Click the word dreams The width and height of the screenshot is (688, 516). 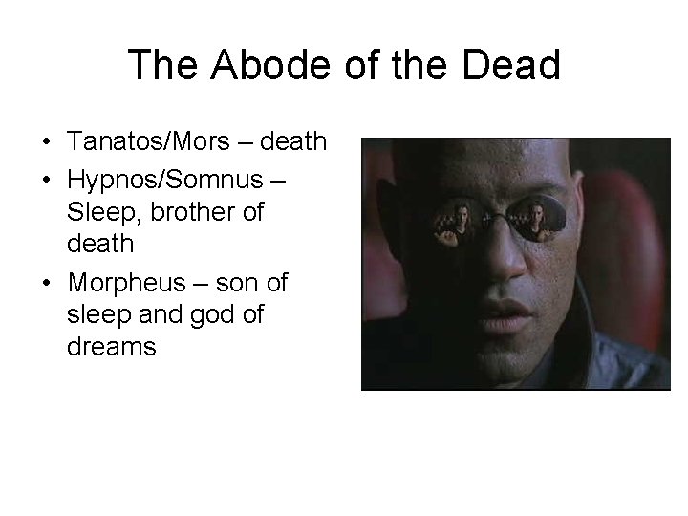point(111,346)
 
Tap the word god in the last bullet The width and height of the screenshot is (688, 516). point(230,314)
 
